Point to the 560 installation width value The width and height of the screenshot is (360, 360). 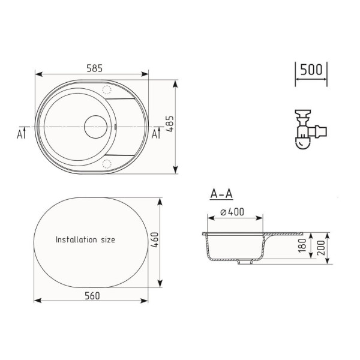pyautogui.click(x=92, y=295)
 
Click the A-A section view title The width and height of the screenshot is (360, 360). pyautogui.click(x=221, y=194)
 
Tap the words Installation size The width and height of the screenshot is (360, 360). pyautogui.click(x=85, y=239)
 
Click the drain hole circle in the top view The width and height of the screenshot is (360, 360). pyautogui.click(x=95, y=127)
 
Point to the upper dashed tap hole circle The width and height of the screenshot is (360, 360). pyautogui.click(x=108, y=90)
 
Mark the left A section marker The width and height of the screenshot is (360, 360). pyautogui.click(x=22, y=133)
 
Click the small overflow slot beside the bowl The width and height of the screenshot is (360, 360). pyautogui.click(x=116, y=127)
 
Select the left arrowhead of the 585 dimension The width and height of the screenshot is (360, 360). pyautogui.click(x=38, y=76)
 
